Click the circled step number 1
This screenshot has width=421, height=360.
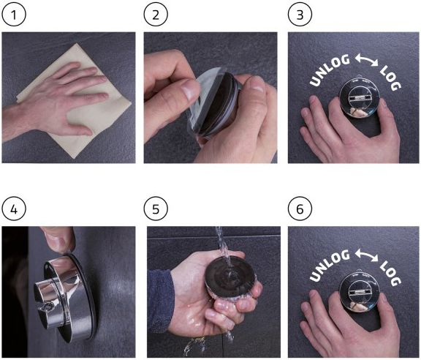tap(14, 15)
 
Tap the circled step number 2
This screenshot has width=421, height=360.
tap(156, 15)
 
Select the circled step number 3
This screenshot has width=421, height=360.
tap(300, 15)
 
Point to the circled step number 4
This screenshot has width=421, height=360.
tap(14, 209)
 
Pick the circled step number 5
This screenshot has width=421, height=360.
tap(156, 209)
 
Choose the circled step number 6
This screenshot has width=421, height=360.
tap(300, 209)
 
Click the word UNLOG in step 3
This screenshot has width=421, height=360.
tap(330, 70)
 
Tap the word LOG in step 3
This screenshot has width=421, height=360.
tap(390, 78)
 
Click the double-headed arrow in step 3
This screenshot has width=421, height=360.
tap(366, 60)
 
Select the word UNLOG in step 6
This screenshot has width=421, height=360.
tap(330, 266)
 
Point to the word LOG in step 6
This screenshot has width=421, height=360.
tap(390, 273)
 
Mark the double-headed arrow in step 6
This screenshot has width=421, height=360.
tap(366, 255)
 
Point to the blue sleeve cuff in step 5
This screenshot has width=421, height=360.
tap(161, 299)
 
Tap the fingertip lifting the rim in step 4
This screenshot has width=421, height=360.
tap(61, 242)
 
